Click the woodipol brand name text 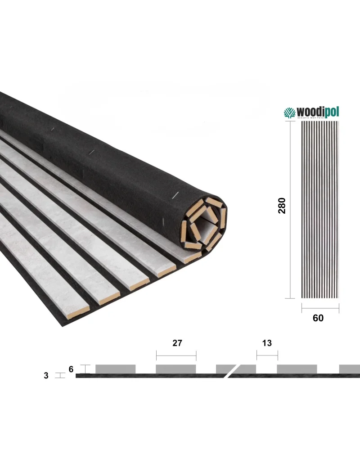[316, 112]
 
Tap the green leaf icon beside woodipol [288, 112]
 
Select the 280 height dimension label [282, 206]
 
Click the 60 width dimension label [318, 318]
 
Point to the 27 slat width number [177, 343]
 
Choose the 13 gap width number [267, 343]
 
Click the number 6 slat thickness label [71, 369]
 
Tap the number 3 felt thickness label [46, 375]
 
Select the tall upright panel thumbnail [319, 209]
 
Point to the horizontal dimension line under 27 [176, 355]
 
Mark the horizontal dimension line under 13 [267, 355]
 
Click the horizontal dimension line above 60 [320, 308]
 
